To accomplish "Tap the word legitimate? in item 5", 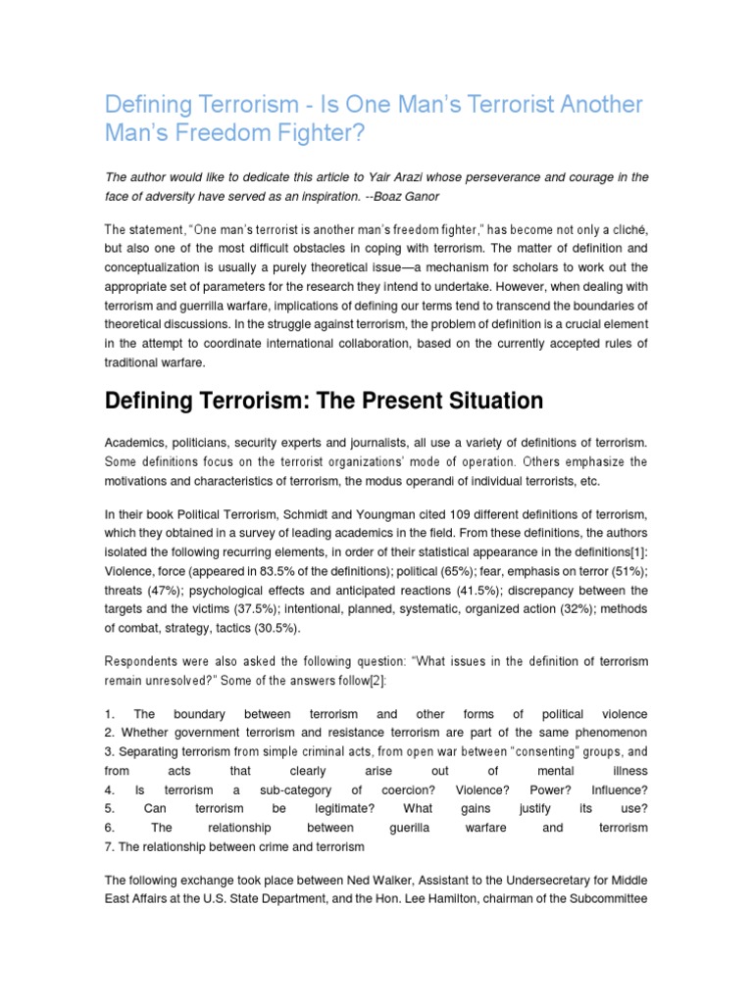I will coord(343,808).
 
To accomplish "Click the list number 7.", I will coord(108,846).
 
